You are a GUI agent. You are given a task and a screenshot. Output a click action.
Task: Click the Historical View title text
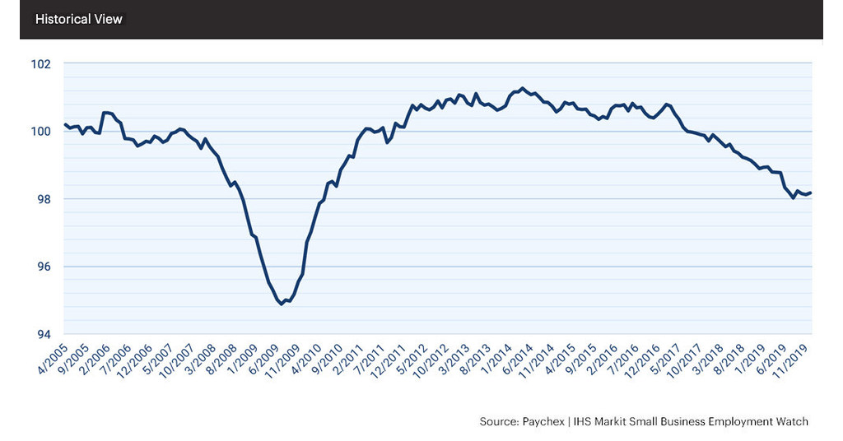(79, 19)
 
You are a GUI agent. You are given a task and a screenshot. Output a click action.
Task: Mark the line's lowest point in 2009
(282, 304)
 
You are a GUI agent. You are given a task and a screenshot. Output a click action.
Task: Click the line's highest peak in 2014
(522, 87)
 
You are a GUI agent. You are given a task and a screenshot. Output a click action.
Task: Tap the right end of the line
(811, 193)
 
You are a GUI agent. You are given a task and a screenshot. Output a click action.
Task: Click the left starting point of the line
(64, 124)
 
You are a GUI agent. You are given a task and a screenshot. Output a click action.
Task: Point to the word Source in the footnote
(497, 421)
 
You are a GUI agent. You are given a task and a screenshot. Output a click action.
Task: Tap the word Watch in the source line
(791, 421)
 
